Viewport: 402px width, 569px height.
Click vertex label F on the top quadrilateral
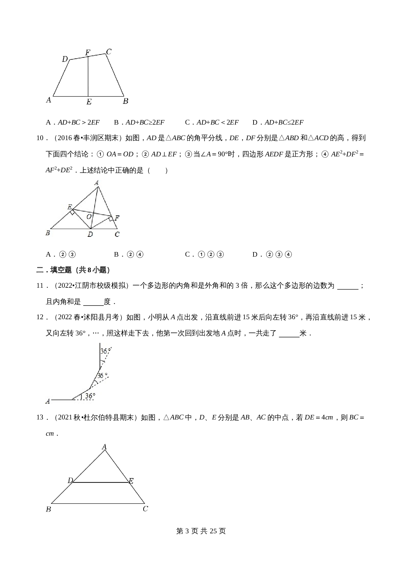[x=88, y=52]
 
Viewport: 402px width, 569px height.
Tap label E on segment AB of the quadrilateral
[x=89, y=102]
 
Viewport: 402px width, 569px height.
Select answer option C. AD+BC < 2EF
[x=212, y=122]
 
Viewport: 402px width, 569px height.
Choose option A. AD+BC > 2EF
[x=73, y=122]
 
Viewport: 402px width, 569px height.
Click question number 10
[x=41, y=138]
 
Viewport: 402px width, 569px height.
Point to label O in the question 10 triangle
[x=89, y=217]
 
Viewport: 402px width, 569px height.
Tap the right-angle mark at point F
[x=111, y=219]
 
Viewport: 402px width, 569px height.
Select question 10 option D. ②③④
[x=272, y=254]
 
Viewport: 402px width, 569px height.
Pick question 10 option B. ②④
[x=129, y=254]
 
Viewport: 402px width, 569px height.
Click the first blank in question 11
[x=348, y=286]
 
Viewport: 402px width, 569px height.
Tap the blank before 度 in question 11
[x=93, y=302]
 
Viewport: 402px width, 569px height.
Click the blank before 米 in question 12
[x=289, y=333]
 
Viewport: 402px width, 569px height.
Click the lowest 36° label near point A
[x=89, y=396]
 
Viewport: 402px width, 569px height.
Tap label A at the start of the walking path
[x=48, y=401]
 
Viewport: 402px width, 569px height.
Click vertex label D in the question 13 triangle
[x=70, y=480]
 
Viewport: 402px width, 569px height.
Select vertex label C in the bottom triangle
[x=146, y=509]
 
